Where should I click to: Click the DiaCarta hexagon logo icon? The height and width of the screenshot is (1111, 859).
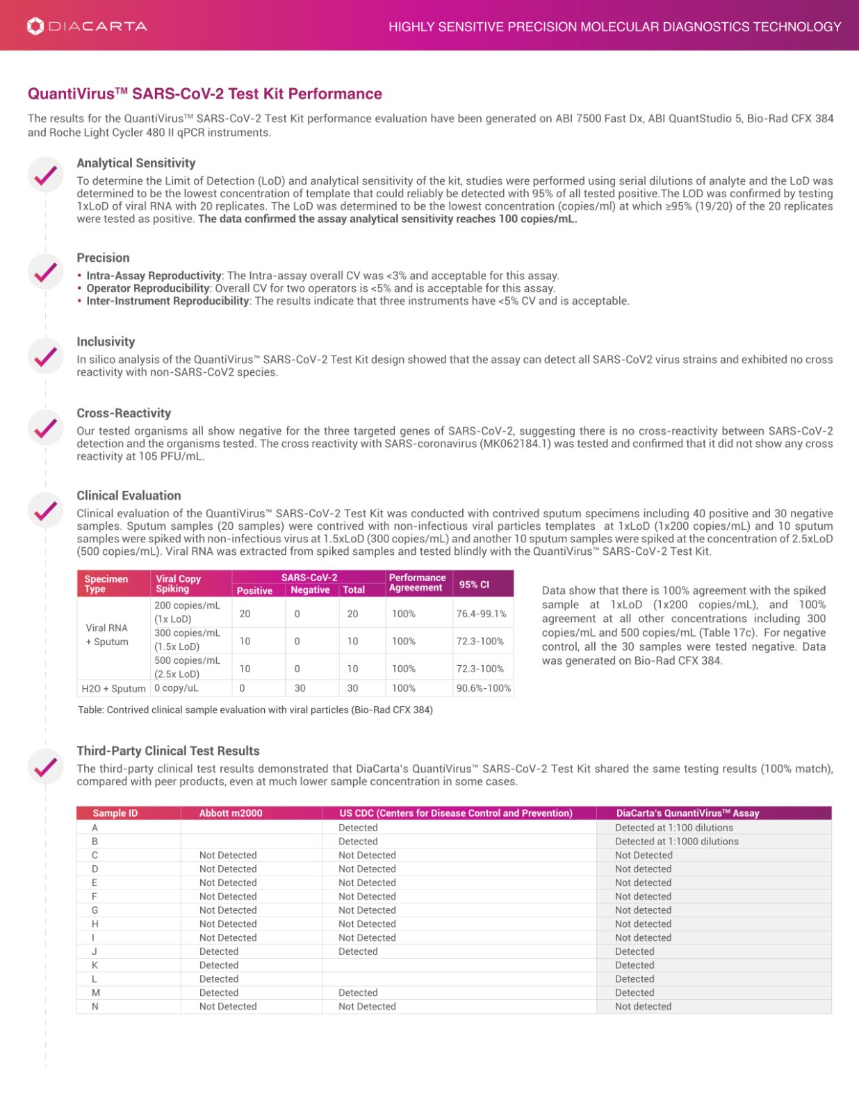click(35, 26)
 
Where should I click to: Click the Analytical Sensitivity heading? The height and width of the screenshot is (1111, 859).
click(136, 163)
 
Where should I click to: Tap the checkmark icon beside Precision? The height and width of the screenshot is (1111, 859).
click(46, 272)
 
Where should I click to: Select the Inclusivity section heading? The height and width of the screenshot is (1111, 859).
click(106, 342)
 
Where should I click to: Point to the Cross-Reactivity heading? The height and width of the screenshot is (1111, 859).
click(124, 413)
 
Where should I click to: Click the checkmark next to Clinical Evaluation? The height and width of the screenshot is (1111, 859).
click(46, 510)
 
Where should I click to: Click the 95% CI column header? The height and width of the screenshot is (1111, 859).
click(474, 585)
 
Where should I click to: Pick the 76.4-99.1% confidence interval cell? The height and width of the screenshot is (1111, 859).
click(481, 614)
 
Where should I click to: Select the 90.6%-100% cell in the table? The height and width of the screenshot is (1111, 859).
click(483, 688)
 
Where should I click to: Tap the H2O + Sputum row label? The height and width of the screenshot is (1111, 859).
click(113, 689)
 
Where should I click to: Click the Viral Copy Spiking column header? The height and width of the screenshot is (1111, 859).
click(178, 584)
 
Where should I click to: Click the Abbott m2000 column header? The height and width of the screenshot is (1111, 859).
click(231, 813)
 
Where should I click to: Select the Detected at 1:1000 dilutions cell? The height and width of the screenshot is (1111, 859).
click(676, 842)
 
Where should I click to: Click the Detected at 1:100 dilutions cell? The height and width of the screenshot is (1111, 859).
click(673, 828)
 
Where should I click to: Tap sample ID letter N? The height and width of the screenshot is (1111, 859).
click(95, 1007)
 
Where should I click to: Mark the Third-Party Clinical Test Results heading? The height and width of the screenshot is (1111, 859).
click(167, 751)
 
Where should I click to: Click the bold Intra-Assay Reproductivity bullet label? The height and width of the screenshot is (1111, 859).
click(154, 276)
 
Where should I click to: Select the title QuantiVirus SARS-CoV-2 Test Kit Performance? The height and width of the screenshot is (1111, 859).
click(204, 94)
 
